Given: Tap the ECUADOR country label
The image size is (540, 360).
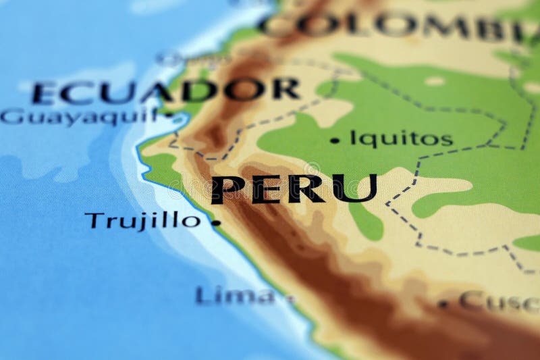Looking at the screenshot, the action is click(165, 90).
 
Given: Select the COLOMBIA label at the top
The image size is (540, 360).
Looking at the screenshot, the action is click(398, 25).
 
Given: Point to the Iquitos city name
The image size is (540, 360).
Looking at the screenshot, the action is click(401, 139).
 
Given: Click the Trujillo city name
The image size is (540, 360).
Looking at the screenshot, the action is click(143, 220).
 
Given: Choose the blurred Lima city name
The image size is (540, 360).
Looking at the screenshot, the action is click(236, 295).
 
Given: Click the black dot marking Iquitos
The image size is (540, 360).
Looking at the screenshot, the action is click(335, 140).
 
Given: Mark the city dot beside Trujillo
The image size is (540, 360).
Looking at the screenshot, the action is click(216, 222).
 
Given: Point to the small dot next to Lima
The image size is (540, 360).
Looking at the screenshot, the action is click(290, 298).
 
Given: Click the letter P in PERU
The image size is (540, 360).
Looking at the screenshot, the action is click(228, 189).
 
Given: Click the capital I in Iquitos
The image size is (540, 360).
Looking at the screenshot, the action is click(353, 138).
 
